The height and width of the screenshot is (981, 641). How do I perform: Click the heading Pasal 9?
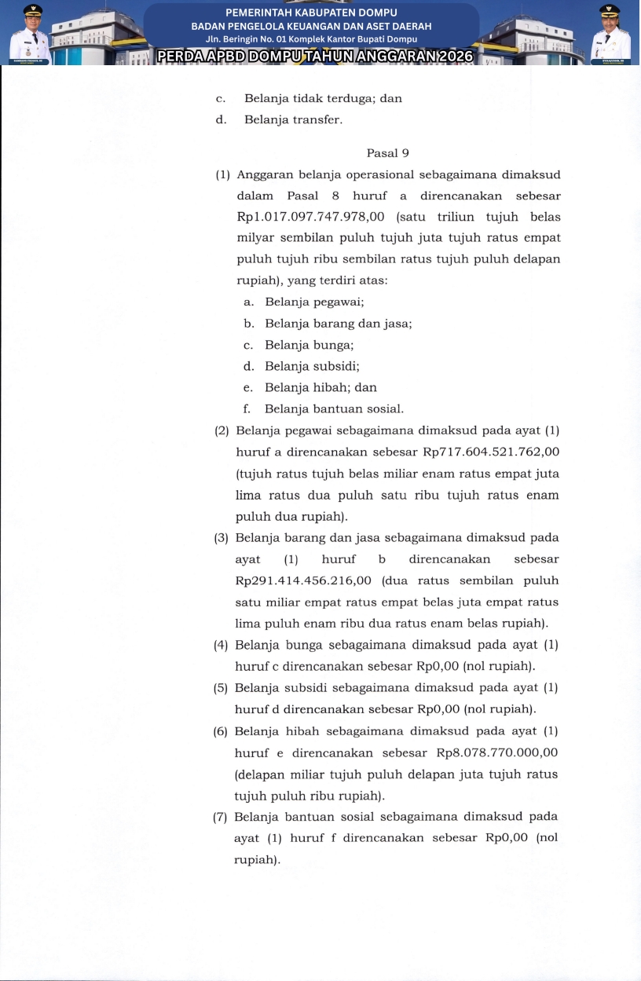pyautogui.click(x=387, y=153)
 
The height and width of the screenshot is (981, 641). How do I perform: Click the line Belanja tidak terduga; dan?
pyautogui.click(x=323, y=99)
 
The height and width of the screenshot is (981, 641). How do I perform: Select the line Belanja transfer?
pyautogui.click(x=293, y=120)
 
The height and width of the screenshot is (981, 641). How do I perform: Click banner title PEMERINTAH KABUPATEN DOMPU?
pyautogui.click(x=311, y=13)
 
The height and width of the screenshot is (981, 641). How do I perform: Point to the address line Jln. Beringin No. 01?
pyautogui.click(x=311, y=38)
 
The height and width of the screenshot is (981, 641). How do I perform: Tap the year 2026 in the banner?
pyautogui.click(x=446, y=57)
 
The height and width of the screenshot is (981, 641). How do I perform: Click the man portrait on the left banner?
pyautogui.click(x=31, y=35)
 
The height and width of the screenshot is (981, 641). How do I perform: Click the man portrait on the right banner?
pyautogui.click(x=610, y=35)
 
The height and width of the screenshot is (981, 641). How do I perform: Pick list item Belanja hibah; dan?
pyautogui.click(x=320, y=387)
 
